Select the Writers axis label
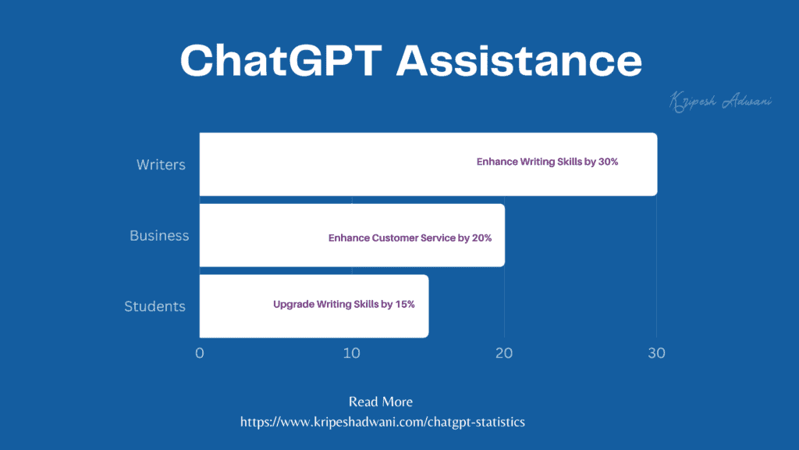click(x=161, y=165)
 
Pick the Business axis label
click(x=159, y=235)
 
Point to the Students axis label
click(x=154, y=306)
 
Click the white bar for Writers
click(x=336, y=164)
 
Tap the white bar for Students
click(x=234, y=306)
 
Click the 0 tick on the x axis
click(x=200, y=353)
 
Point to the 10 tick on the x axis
click(x=352, y=353)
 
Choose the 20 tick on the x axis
click(x=504, y=353)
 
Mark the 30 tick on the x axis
click(x=656, y=353)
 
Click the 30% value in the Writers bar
click(x=609, y=162)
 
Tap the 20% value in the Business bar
click(x=482, y=237)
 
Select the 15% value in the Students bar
click(x=405, y=304)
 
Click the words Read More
click(x=381, y=402)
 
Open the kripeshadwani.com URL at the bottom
click(x=382, y=422)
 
